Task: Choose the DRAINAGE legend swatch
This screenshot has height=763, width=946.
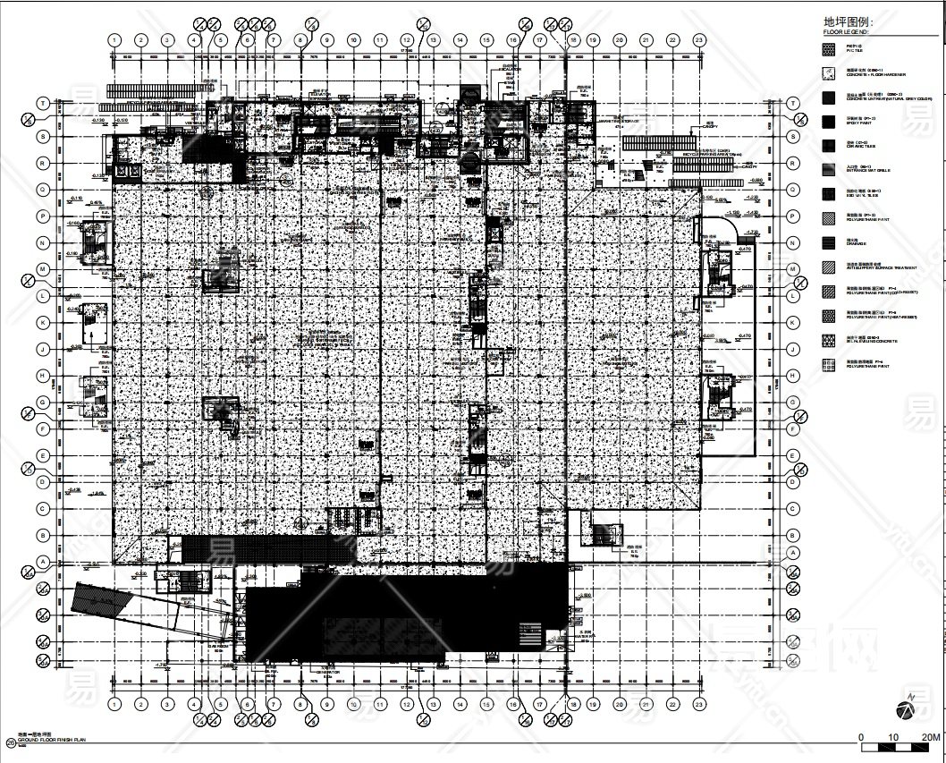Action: click(829, 242)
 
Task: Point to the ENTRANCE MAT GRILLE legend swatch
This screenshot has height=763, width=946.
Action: click(829, 169)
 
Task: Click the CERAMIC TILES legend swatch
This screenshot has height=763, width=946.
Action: click(829, 145)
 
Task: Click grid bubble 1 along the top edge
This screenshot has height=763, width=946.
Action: click(114, 40)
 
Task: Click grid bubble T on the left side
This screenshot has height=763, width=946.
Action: click(41, 104)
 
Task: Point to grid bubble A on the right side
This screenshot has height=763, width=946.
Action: click(792, 561)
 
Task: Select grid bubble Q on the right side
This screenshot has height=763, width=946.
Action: click(792, 190)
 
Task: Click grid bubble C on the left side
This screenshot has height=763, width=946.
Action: click(41, 508)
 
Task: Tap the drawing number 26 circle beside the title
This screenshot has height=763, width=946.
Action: click(10, 741)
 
